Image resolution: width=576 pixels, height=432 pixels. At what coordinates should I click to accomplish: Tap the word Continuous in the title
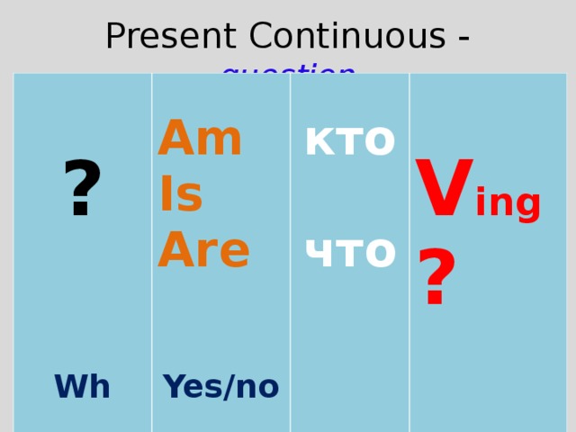pyautogui.click(x=346, y=37)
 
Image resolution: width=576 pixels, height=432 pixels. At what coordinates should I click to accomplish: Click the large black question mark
pyautogui.click(x=82, y=190)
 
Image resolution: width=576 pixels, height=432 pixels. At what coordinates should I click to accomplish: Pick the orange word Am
pyautogui.click(x=200, y=139)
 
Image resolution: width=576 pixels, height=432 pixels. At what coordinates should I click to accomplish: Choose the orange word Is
pyautogui.click(x=181, y=195)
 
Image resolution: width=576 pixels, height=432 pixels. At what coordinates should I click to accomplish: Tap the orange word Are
pyautogui.click(x=203, y=250)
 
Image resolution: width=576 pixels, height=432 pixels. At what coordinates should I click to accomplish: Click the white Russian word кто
pyautogui.click(x=350, y=139)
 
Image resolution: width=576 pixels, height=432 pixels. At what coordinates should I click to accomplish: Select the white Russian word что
pyautogui.click(x=350, y=250)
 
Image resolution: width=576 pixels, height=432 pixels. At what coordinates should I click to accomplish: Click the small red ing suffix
pyautogui.click(x=508, y=204)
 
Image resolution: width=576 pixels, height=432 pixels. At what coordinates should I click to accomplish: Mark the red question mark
pyautogui.click(x=436, y=280)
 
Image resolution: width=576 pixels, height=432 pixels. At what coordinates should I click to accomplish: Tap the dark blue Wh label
pyautogui.click(x=82, y=387)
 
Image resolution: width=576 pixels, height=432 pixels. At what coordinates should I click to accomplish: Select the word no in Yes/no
pyautogui.click(x=257, y=388)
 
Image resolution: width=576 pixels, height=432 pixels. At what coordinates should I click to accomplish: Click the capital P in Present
pyautogui.click(x=116, y=37)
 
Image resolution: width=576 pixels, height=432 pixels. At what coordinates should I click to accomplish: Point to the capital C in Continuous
pyautogui.click(x=262, y=37)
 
